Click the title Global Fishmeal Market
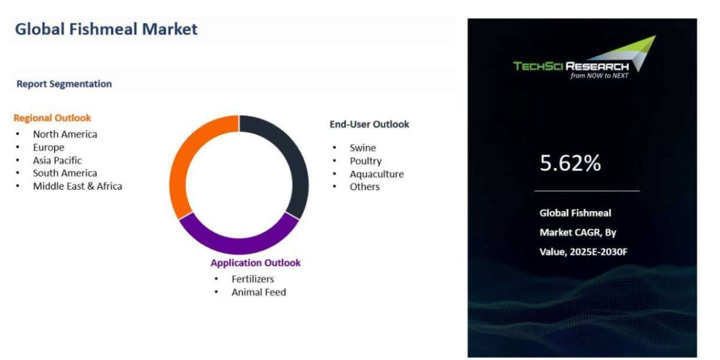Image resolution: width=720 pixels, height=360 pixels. click(x=106, y=29)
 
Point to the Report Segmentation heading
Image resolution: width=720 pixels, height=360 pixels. click(x=64, y=84)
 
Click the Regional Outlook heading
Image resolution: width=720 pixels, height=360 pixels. click(x=52, y=118)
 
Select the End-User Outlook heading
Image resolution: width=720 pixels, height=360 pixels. click(x=370, y=124)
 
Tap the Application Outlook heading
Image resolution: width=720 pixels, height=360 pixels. click(x=256, y=263)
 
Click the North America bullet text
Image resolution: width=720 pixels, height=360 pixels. click(x=65, y=134)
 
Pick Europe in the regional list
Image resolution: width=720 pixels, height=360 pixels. click(x=49, y=148)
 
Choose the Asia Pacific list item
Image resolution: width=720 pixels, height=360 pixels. click(x=57, y=160)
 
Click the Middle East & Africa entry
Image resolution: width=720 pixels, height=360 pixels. click(x=77, y=186)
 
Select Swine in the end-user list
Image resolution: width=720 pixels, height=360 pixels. click(x=363, y=148)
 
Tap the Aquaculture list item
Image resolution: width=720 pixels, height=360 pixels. click(x=377, y=174)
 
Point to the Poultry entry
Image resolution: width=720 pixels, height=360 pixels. click(x=366, y=161)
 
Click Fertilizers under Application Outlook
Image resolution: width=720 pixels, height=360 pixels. click(x=253, y=279)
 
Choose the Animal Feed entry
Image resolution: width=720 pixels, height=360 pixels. click(x=259, y=292)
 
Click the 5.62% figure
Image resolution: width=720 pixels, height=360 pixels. click(x=570, y=163)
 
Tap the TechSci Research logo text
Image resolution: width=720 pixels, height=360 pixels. click(x=571, y=66)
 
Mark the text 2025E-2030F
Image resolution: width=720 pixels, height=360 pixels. click(x=599, y=251)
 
